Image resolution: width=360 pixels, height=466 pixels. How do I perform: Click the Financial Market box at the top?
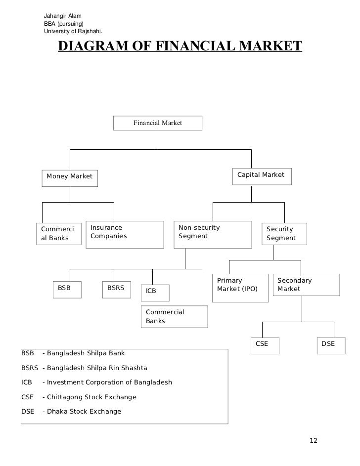point(157,123)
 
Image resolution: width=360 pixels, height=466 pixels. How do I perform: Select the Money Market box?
point(69,176)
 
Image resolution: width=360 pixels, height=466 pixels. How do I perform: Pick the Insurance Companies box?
point(125,232)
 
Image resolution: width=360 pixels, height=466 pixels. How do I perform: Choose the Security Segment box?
point(284,233)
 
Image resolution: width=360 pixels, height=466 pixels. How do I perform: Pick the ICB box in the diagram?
point(155,292)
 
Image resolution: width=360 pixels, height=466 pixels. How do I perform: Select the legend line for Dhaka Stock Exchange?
point(72,411)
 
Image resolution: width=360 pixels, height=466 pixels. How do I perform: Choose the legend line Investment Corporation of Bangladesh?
point(96,382)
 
